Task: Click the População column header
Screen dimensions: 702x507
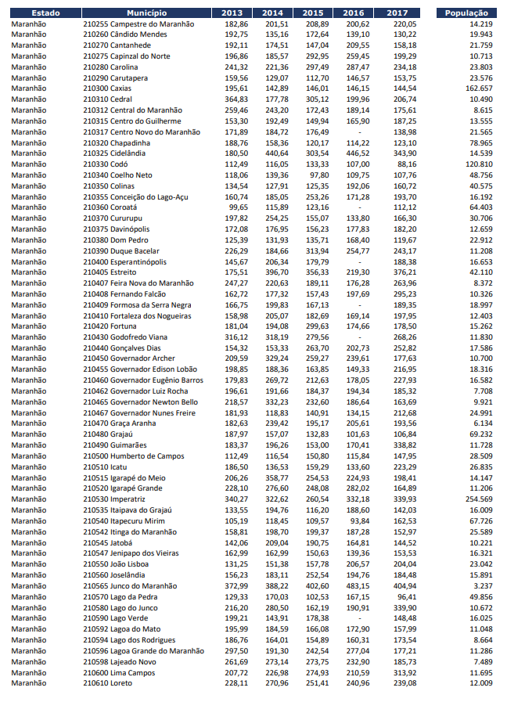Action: point(466,13)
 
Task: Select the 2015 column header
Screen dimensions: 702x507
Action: point(313,13)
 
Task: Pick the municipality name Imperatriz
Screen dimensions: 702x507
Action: point(128,499)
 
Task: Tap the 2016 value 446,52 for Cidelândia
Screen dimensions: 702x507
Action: point(358,153)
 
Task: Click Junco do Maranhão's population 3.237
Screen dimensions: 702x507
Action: point(480,585)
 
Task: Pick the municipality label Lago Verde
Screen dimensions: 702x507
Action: point(128,617)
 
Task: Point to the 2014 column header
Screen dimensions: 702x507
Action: point(272,13)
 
